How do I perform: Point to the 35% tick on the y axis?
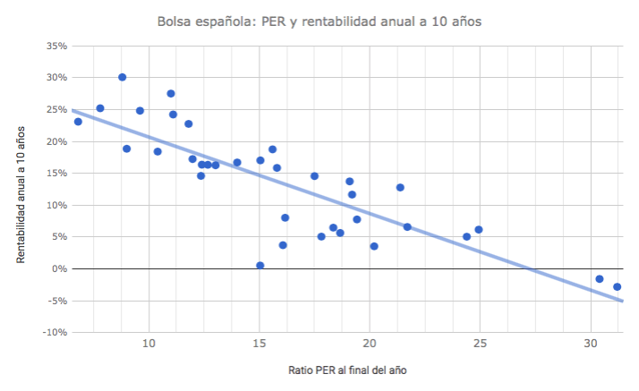55,46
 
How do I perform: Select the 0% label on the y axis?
59,268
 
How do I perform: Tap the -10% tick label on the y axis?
54,332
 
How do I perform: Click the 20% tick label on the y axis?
55,141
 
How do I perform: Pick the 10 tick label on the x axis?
149,343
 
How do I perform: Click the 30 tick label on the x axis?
591,343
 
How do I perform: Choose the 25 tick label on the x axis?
481,343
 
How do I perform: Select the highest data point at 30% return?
122,77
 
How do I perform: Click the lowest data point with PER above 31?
617,286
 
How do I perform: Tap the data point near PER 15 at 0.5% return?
260,266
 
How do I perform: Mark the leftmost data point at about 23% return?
78,122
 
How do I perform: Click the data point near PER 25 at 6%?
479,230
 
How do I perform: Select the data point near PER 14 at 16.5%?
237,163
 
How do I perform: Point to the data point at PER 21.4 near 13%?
400,187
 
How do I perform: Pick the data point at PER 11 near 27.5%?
171,93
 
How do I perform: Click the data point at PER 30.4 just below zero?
600,278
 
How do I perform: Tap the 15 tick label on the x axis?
260,343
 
